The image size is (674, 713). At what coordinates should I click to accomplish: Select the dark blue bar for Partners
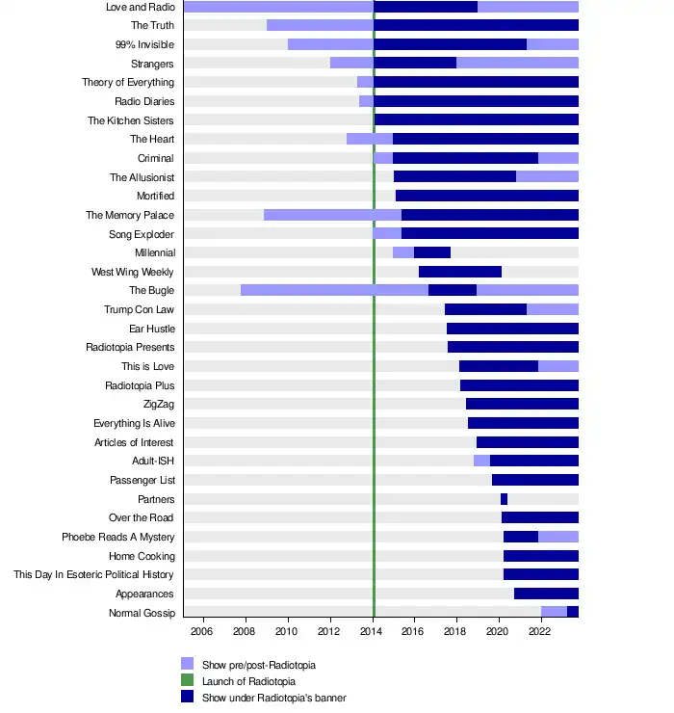click(x=504, y=499)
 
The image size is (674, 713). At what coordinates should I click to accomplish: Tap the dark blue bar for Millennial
click(x=432, y=252)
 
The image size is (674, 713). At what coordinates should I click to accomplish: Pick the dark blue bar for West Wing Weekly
click(x=460, y=272)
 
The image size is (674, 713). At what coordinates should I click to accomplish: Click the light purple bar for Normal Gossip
click(x=554, y=613)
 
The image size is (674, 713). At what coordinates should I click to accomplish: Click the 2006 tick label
click(x=201, y=631)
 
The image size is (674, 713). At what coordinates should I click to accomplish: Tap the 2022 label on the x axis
click(x=539, y=631)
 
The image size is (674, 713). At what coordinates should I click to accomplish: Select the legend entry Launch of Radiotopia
click(x=255, y=681)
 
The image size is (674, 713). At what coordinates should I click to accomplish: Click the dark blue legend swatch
click(x=188, y=697)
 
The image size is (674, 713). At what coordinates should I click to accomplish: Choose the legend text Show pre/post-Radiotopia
click(x=259, y=665)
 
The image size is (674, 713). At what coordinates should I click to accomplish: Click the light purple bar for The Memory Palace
click(x=332, y=215)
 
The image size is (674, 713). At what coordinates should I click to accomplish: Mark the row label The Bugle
click(x=151, y=290)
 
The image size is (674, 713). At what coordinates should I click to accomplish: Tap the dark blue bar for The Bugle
click(x=453, y=290)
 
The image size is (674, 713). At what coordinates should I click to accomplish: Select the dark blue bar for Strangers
click(x=415, y=64)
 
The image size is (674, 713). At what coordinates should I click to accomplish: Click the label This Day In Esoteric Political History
click(x=94, y=575)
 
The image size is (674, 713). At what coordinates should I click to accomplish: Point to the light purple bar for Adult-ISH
click(x=481, y=461)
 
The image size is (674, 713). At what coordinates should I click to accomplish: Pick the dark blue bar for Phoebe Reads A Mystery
click(x=521, y=537)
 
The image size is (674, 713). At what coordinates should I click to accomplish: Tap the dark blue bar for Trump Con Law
click(x=485, y=309)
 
